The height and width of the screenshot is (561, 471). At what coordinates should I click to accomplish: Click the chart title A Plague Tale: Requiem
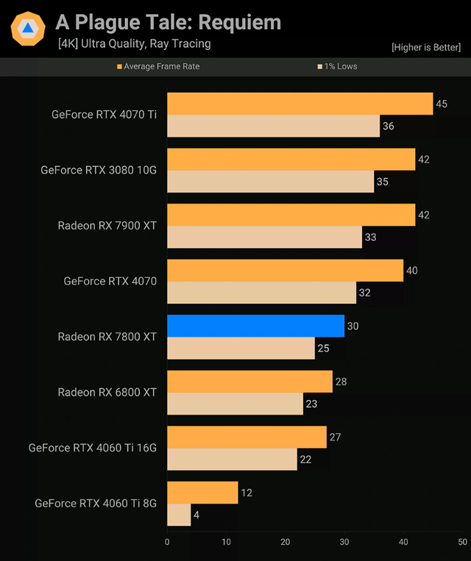point(168,22)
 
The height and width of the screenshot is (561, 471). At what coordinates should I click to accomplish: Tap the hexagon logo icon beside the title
point(28,29)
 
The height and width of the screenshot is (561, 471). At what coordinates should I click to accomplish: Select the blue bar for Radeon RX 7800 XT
point(255,326)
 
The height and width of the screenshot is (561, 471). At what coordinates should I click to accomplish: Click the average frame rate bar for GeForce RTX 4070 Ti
point(300,104)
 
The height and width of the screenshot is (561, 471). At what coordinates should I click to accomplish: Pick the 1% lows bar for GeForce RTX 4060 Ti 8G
point(179,515)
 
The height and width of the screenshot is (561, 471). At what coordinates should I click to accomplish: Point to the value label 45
point(442,104)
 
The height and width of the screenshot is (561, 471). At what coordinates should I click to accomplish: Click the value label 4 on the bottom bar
point(196,515)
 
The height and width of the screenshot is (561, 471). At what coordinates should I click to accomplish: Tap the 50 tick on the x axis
point(462,542)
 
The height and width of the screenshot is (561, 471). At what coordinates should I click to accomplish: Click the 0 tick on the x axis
point(167,542)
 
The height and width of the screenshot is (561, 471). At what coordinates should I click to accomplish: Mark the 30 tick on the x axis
point(344,542)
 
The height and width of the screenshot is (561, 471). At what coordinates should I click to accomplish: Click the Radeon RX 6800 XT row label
point(107,393)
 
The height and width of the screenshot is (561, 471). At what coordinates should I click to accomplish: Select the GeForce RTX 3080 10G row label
point(99,170)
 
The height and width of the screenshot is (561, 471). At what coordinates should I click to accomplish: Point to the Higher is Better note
point(427,48)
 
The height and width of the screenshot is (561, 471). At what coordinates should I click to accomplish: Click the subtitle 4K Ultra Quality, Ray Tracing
point(135,43)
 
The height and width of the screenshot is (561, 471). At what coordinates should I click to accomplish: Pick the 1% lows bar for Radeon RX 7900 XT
point(264,237)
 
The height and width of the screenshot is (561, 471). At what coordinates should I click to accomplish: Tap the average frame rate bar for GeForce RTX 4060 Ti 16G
point(247,437)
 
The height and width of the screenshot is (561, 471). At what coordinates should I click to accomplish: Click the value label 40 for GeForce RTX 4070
point(412,271)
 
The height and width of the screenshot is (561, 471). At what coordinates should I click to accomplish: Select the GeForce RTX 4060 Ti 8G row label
point(96,504)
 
